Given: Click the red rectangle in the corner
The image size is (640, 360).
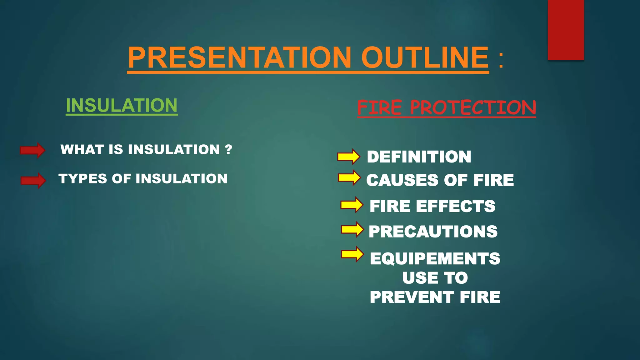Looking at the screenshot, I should [x=566, y=30].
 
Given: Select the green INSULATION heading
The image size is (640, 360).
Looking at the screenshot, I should [x=122, y=105].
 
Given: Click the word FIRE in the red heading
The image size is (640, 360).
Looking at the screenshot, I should [x=379, y=108].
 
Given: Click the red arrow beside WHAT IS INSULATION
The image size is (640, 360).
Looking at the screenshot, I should [x=32, y=150].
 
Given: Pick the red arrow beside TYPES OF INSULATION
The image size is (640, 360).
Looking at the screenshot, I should [x=33, y=180].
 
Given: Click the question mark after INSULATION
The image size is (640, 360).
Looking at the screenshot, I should [x=228, y=149].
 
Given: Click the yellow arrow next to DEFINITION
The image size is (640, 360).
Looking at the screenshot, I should [x=348, y=156].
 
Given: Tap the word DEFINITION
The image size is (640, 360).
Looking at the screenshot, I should [x=419, y=157].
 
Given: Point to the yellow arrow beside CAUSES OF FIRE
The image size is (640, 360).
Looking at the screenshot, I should [x=349, y=177].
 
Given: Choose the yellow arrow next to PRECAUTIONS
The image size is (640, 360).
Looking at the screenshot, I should [x=352, y=229].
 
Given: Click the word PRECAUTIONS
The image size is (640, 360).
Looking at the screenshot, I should [x=433, y=232].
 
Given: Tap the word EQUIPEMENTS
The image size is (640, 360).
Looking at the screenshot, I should [x=435, y=258].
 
